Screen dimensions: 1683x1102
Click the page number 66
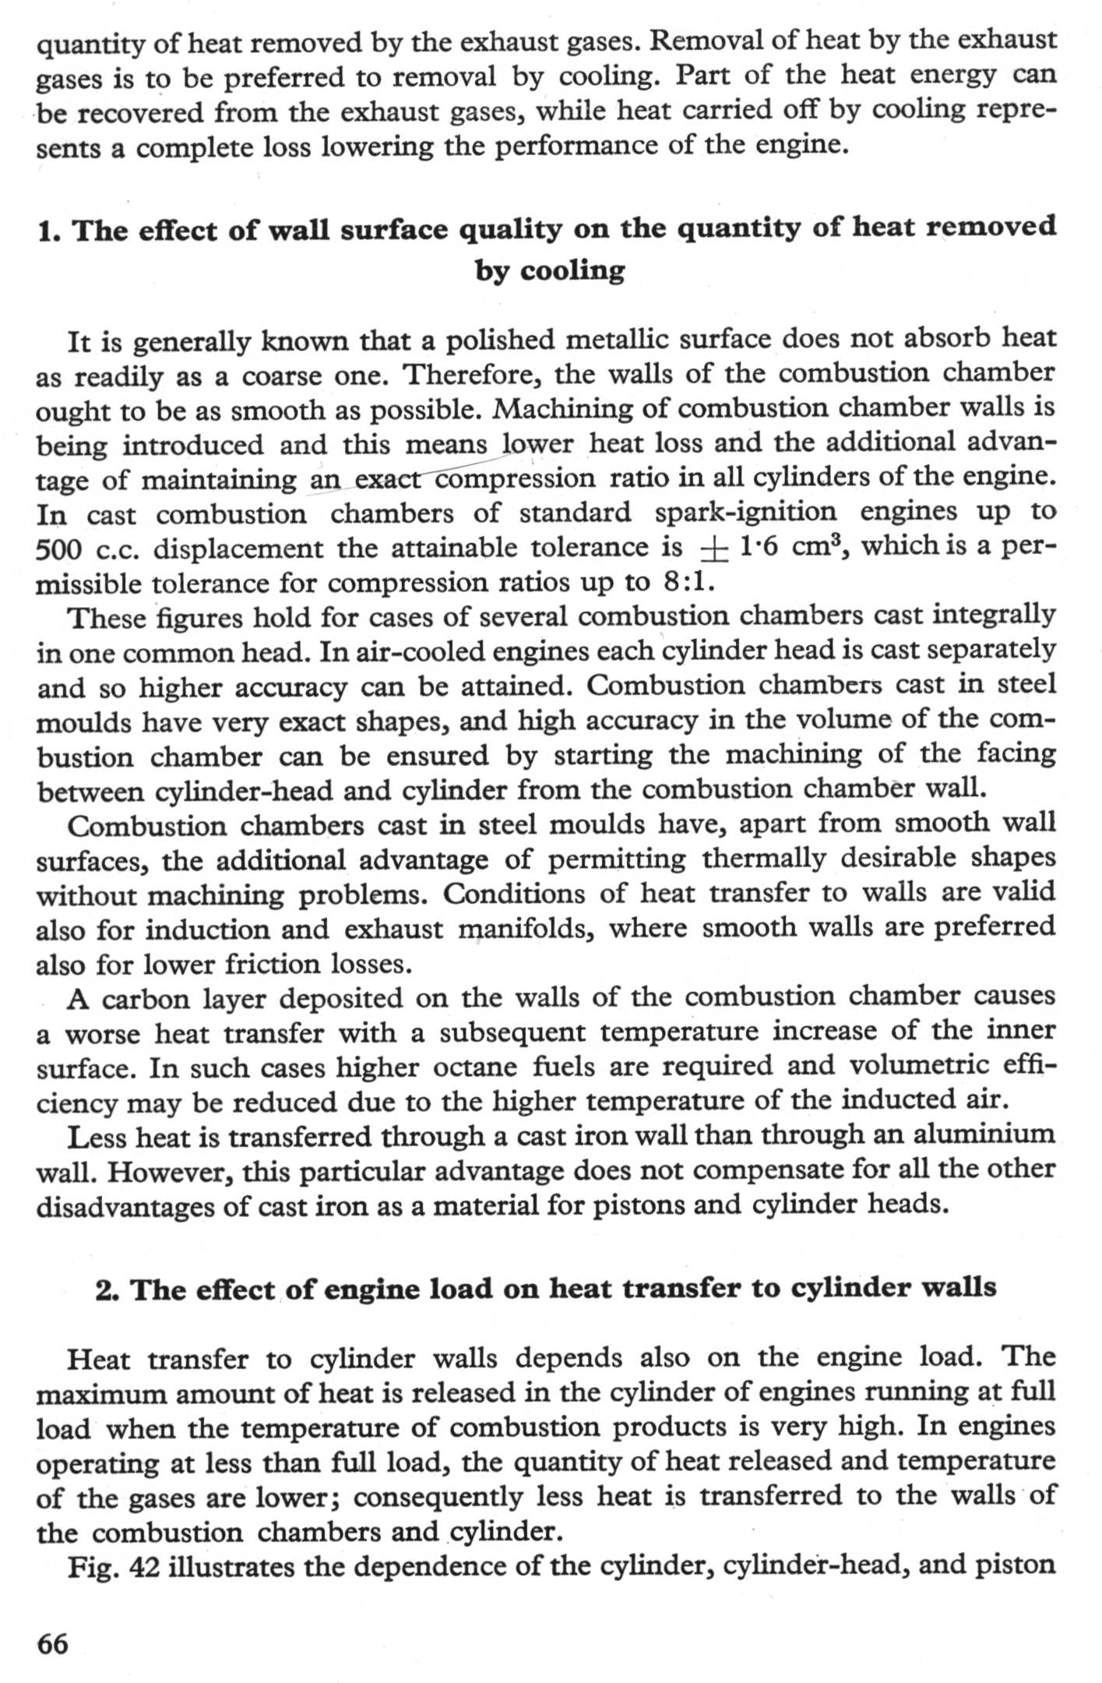click(53, 1643)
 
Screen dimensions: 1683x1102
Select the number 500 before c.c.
click(59, 549)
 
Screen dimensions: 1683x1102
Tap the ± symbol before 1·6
click(713, 549)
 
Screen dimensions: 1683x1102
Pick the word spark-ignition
click(745, 513)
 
